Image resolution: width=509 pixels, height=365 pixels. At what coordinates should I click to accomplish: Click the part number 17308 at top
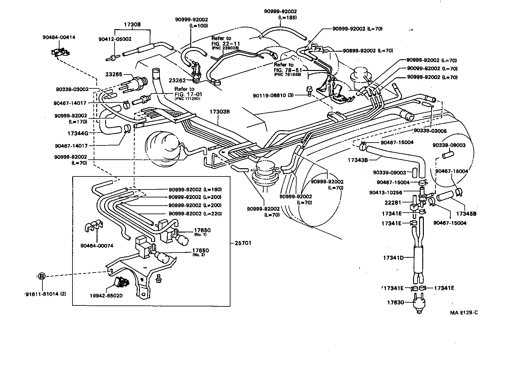tap(132, 24)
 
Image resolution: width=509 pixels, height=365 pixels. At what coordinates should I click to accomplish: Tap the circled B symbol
tap(42, 276)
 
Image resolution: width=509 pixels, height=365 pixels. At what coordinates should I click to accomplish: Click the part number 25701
tap(243, 243)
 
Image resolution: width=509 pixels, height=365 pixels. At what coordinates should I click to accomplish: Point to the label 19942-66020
tap(106, 296)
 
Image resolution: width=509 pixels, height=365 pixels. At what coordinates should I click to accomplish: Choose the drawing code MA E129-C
tap(464, 313)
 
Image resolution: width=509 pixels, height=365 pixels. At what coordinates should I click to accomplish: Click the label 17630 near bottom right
tap(395, 303)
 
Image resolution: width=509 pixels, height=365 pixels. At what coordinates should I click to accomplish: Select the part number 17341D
tap(393, 258)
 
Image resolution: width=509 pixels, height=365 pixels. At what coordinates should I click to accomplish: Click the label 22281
tap(393, 202)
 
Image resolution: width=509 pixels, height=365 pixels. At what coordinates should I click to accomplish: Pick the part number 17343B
tap(358, 160)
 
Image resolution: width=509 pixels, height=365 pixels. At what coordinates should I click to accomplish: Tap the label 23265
tap(114, 75)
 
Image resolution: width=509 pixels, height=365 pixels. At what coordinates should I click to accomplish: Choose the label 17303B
tap(219, 112)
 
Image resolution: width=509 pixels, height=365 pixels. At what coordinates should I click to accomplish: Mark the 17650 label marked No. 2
tap(200, 251)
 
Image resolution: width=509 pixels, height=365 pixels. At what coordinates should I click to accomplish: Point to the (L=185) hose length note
tap(287, 18)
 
